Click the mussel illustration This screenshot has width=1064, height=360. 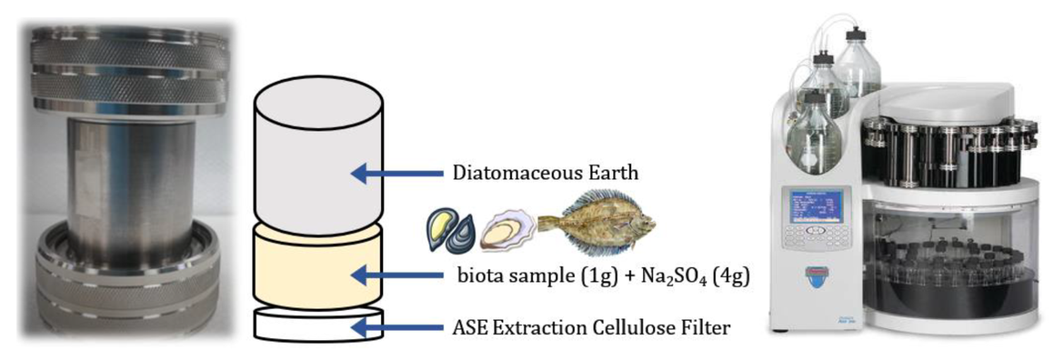pyautogui.click(x=447, y=231)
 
